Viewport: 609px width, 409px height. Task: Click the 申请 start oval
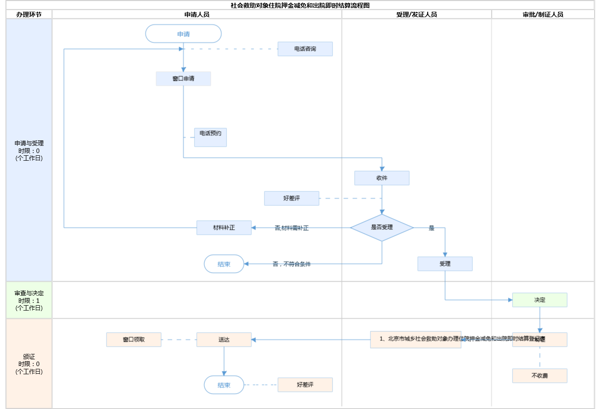[183, 34]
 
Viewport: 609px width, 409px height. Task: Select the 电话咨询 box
[305, 49]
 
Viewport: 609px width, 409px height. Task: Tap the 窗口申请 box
[183, 79]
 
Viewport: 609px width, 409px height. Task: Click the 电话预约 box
[210, 137]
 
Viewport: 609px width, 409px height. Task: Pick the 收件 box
[382, 178]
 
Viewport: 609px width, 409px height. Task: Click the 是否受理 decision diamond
[382, 228]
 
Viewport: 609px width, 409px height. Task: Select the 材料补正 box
[224, 228]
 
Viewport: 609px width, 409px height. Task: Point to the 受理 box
[445, 264]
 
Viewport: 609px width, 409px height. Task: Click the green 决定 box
[540, 300]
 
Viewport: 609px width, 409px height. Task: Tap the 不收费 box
[540, 376]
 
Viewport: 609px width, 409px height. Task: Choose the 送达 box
[224, 339]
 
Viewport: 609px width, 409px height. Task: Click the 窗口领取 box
[134, 339]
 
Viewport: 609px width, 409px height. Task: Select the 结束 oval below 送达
[224, 385]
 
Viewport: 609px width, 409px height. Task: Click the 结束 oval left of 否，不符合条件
[224, 264]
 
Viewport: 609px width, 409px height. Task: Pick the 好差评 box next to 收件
[291, 198]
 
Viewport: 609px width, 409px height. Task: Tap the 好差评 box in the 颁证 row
[305, 385]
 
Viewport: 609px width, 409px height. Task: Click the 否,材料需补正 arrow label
[291, 228]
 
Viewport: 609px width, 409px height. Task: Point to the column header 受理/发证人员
[416, 14]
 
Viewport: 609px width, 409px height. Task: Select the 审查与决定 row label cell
[29, 300]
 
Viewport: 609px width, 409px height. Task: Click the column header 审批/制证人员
[543, 14]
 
